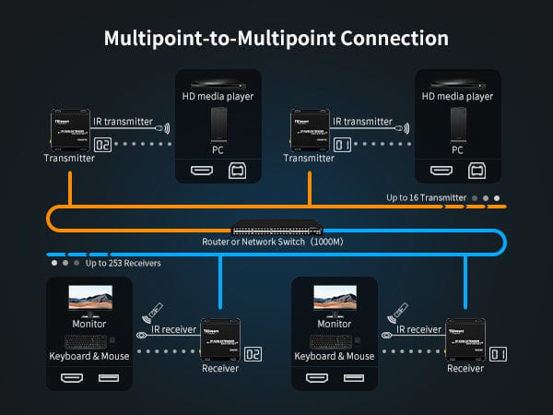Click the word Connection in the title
(384, 39)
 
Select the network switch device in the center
(276, 228)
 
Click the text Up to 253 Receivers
(124, 263)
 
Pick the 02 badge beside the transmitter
(103, 144)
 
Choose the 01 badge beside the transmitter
(343, 144)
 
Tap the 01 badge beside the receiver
(499, 353)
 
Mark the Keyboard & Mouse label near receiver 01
(334, 356)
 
